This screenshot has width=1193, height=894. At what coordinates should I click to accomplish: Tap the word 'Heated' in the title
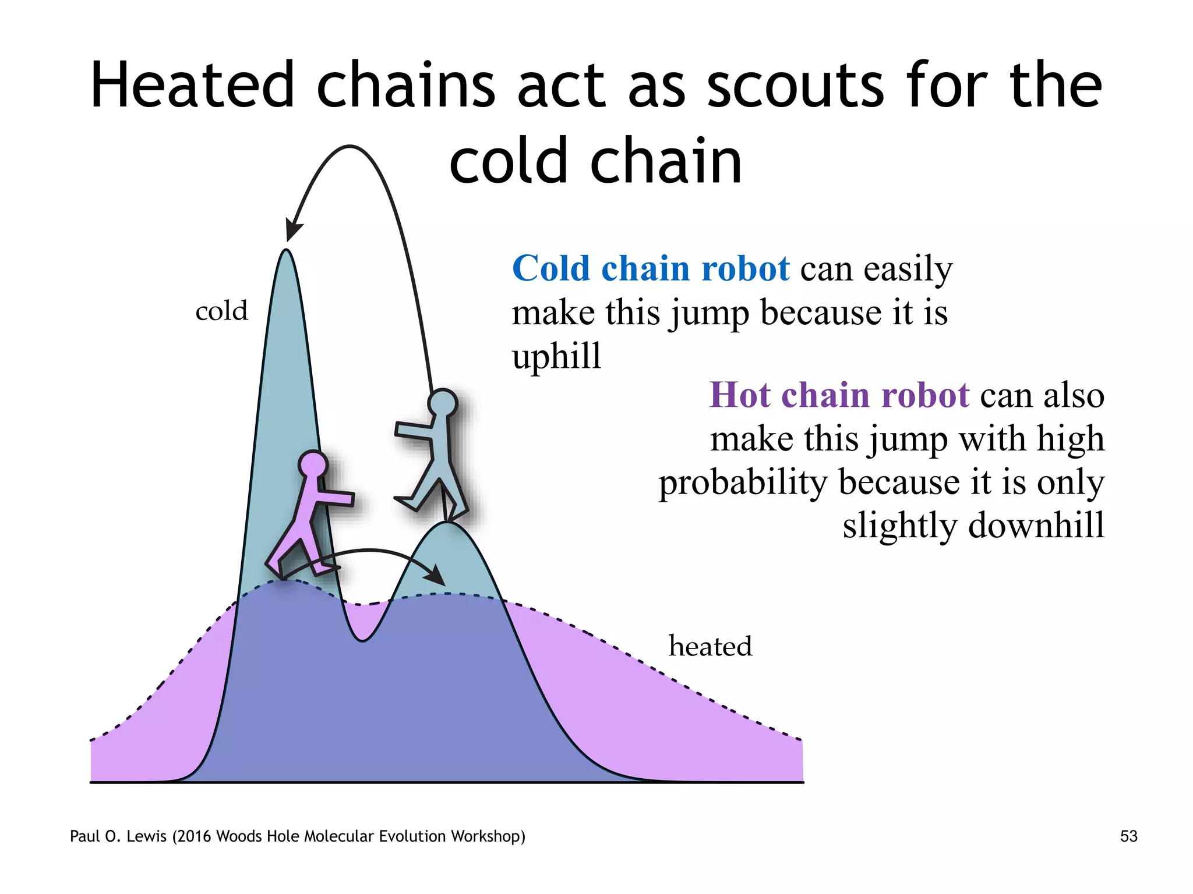[x=192, y=86]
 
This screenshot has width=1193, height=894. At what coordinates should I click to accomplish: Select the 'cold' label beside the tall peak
[x=221, y=311]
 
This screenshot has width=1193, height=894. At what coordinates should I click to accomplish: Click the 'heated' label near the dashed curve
[x=710, y=646]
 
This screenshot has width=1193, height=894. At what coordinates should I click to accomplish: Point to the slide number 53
[x=1128, y=836]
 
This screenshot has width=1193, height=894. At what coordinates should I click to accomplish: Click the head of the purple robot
[x=313, y=466]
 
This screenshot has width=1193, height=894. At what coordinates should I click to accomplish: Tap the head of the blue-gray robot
[x=443, y=403]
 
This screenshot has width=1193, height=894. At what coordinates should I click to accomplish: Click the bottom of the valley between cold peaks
[x=362, y=639]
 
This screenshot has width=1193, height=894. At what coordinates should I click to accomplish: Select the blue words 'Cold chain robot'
[x=651, y=269]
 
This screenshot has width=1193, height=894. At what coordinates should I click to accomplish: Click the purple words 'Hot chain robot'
[x=839, y=395]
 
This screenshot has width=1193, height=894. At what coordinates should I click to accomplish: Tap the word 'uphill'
[x=556, y=356]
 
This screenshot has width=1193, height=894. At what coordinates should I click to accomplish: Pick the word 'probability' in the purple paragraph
[x=743, y=483]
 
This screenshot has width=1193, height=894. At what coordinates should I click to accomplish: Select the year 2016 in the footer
[x=195, y=836]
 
